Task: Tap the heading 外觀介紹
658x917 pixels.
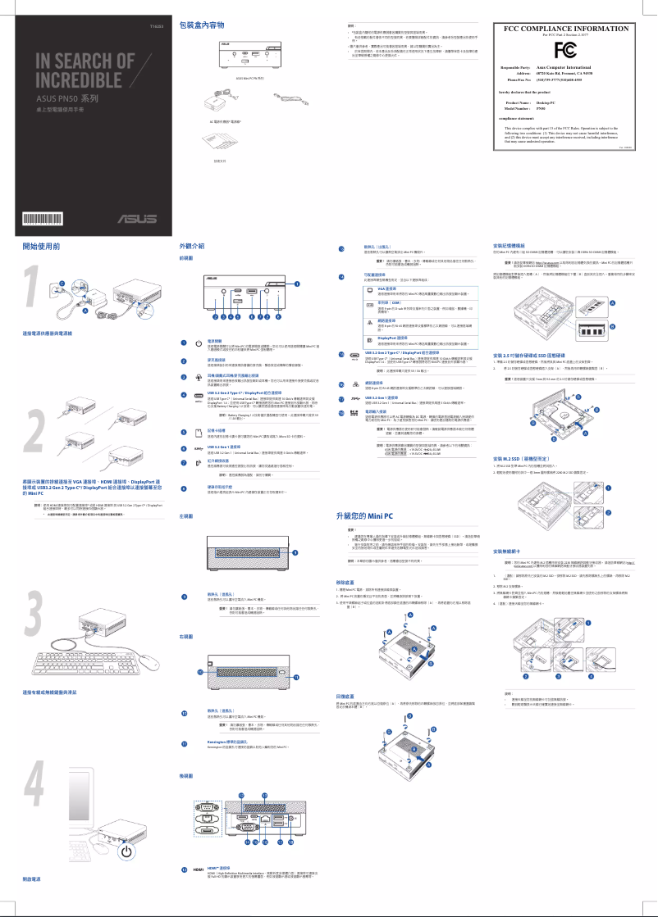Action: point(191,246)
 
